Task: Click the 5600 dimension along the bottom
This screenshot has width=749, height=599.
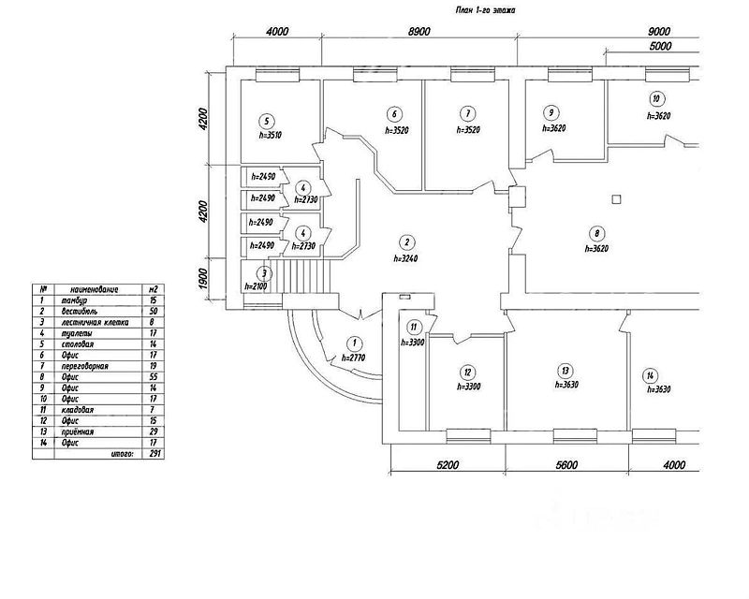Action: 566,464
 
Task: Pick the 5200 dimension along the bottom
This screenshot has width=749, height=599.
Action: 448,464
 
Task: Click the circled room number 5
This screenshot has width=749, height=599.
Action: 268,122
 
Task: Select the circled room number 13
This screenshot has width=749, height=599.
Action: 565,370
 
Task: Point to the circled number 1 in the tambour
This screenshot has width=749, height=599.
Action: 355,343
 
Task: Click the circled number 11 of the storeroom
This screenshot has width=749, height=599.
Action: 413,328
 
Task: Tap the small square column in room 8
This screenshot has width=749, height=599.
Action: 614,197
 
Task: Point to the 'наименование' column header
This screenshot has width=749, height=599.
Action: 90,289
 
